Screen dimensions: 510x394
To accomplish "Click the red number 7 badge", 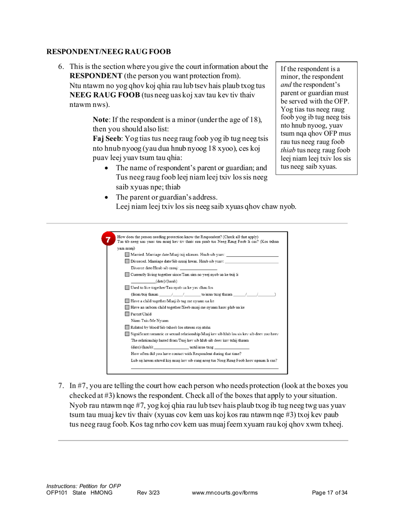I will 108,240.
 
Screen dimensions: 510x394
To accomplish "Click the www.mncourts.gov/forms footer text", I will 225,493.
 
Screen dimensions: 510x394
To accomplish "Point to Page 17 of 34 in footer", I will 329,493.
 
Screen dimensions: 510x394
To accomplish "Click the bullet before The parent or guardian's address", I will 107,197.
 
